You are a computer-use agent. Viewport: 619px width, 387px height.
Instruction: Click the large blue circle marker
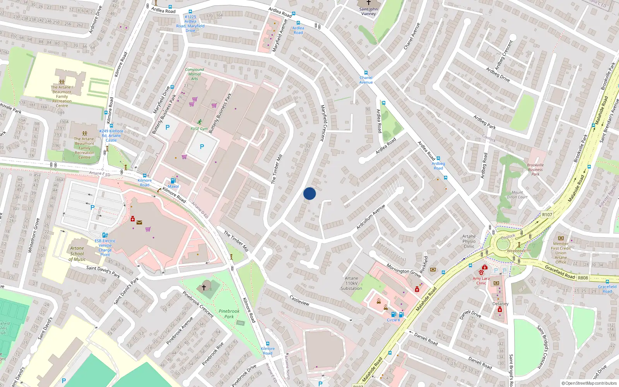pyautogui.click(x=309, y=193)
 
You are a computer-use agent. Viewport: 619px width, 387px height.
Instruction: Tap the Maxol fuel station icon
pyautogui.click(x=173, y=181)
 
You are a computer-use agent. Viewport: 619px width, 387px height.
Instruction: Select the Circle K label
pyautogui.click(x=393, y=320)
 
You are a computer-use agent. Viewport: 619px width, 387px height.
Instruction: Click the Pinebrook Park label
pyautogui.click(x=229, y=314)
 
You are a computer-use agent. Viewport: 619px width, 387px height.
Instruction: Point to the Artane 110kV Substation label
pyautogui.click(x=351, y=283)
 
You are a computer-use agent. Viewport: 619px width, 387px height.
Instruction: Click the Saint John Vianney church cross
pyautogui.click(x=368, y=3)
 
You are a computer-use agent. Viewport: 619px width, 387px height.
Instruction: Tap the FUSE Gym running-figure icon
pyautogui.click(x=200, y=122)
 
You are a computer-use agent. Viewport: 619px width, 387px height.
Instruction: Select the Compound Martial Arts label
pyautogui.click(x=194, y=74)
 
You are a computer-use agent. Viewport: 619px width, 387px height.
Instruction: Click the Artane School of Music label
pyautogui.click(x=77, y=254)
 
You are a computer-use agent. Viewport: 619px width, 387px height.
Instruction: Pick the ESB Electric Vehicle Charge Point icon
pyautogui.click(x=104, y=235)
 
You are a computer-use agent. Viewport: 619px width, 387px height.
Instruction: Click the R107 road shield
pyautogui.click(x=547, y=215)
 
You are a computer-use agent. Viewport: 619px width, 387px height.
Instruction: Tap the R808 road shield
pyautogui.click(x=583, y=278)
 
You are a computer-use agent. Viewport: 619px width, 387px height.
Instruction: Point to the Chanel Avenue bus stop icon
pyautogui.click(x=366, y=72)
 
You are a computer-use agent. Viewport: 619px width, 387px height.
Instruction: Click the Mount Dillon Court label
pyautogui.click(x=517, y=195)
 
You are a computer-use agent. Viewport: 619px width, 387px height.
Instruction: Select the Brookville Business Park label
pyautogui.click(x=535, y=170)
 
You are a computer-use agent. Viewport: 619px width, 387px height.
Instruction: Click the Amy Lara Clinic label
pyautogui.click(x=481, y=281)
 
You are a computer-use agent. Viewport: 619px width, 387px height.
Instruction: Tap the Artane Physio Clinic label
pyautogui.click(x=469, y=241)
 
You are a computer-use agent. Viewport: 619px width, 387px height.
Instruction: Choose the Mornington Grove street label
pyautogui.click(x=404, y=270)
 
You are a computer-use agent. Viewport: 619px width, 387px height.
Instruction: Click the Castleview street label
pyautogui.click(x=299, y=300)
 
